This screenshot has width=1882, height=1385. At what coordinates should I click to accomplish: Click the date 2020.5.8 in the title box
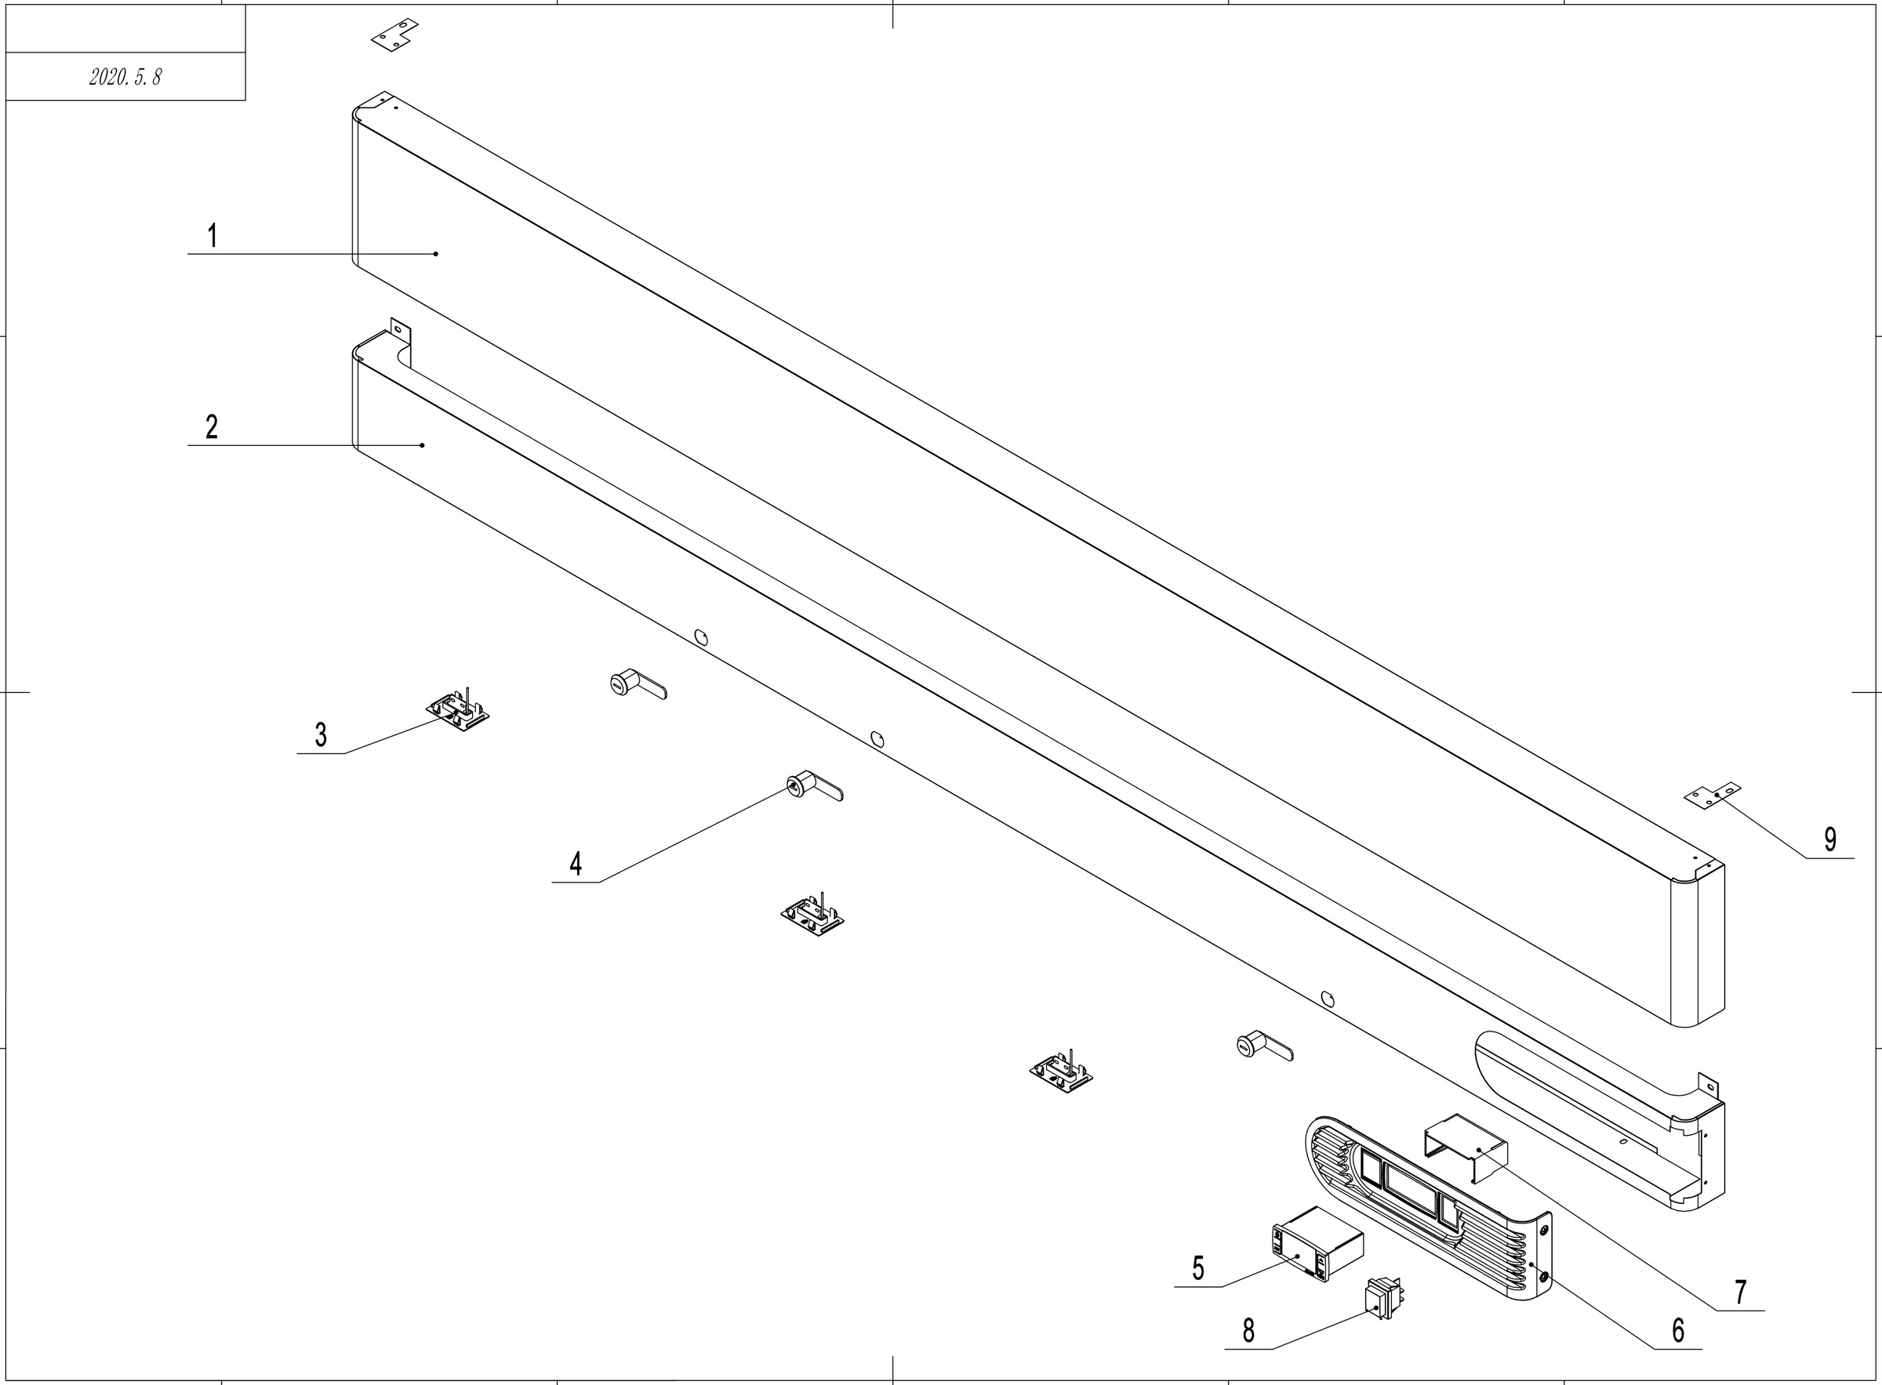(125, 77)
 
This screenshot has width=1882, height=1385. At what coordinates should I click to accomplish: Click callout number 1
(213, 236)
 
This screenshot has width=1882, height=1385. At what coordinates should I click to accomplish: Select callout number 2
(213, 426)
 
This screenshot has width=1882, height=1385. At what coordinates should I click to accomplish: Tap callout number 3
(321, 735)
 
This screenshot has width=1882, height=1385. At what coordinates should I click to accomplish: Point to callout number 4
(576, 864)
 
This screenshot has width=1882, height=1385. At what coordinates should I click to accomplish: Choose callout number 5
(1198, 1268)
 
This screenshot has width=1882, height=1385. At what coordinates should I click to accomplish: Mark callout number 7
(1740, 1292)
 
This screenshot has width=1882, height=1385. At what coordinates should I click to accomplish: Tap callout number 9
(1830, 839)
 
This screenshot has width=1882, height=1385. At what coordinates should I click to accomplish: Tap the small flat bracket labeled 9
(1713, 796)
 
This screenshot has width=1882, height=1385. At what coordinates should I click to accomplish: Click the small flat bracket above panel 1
(395, 34)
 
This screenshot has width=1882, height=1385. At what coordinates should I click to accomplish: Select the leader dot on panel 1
(436, 253)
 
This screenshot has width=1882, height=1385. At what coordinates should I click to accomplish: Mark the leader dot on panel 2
(423, 445)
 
